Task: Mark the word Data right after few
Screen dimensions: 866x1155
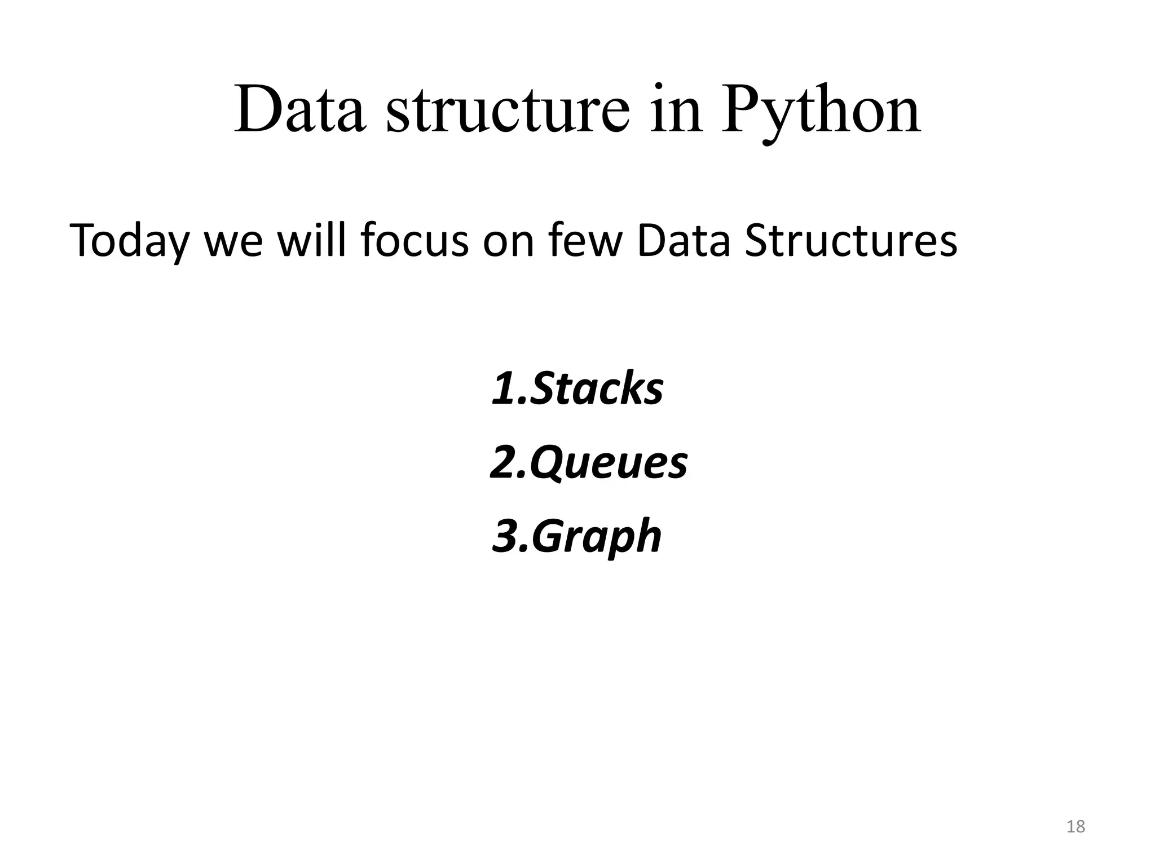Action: pyautogui.click(x=683, y=241)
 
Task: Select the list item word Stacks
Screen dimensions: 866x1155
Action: pyautogui.click(x=597, y=389)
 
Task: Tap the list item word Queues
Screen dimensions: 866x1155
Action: pyautogui.click(x=609, y=463)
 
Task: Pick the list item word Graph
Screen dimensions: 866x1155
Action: pyautogui.click(x=597, y=537)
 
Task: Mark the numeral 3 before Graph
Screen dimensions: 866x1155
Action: pyautogui.click(x=504, y=537)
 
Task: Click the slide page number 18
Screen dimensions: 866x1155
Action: pyautogui.click(x=1075, y=827)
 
